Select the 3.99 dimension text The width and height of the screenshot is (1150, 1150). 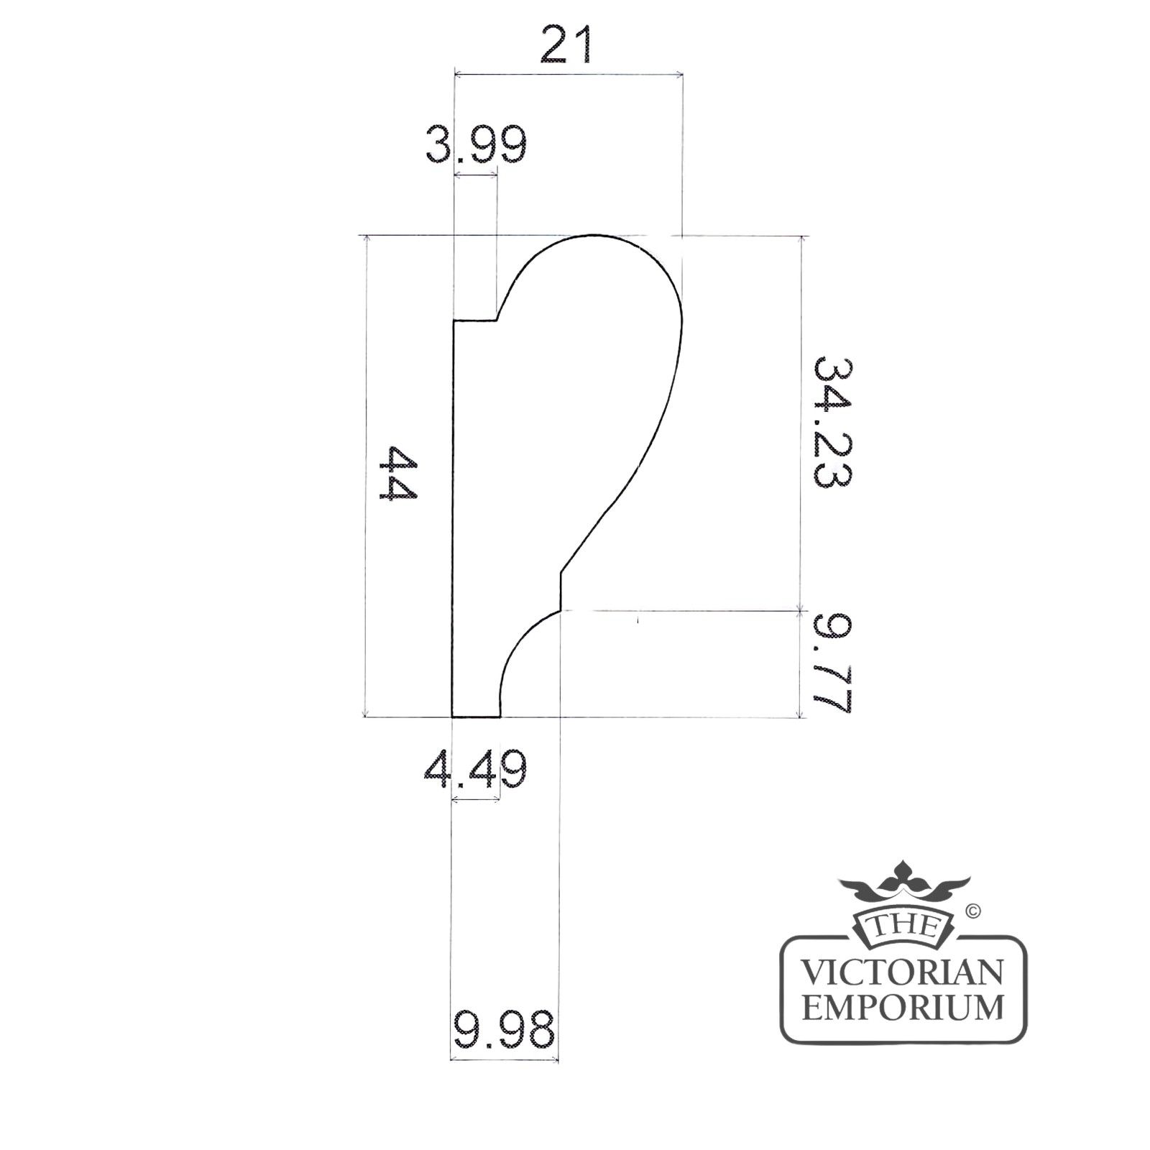coord(476,145)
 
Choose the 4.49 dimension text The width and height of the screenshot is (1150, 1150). coord(475,770)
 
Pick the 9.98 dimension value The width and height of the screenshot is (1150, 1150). coord(504,1029)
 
